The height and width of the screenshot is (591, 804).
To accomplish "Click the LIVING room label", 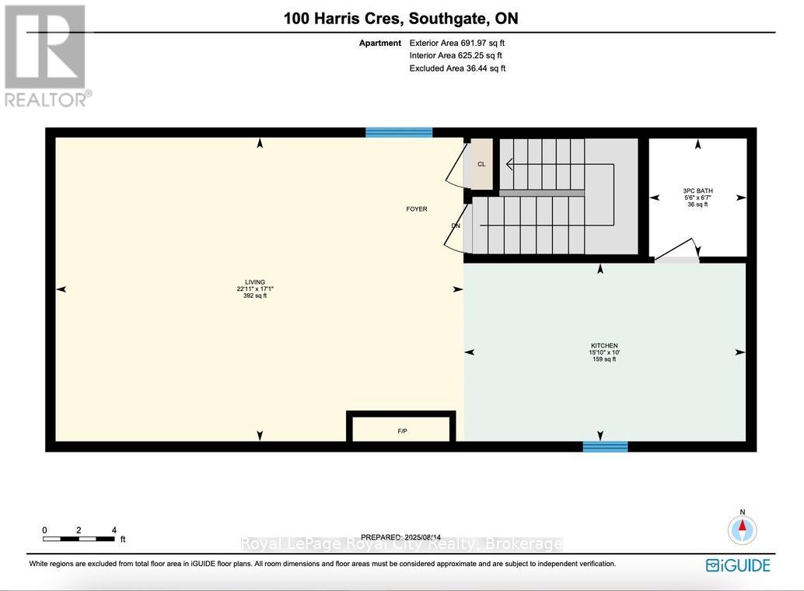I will [x=255, y=282].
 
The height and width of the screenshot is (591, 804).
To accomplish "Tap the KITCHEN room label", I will [x=603, y=345].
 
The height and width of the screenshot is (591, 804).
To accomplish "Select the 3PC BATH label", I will [x=697, y=191].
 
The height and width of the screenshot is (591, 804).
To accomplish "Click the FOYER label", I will [x=416, y=209].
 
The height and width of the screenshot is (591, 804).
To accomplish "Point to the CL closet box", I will [x=481, y=164].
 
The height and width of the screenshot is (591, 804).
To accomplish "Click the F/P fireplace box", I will [x=401, y=430].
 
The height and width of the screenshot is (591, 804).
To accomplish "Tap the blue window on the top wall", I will [x=399, y=132].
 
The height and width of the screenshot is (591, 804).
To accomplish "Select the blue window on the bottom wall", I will [x=605, y=446].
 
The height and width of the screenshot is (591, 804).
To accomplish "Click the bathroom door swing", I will [x=678, y=250].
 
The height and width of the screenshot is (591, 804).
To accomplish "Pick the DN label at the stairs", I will [x=456, y=226].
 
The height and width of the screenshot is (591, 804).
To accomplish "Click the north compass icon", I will [x=742, y=529].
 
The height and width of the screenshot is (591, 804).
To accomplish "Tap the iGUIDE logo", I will [x=738, y=565].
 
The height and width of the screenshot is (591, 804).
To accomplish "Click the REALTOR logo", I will [x=47, y=54].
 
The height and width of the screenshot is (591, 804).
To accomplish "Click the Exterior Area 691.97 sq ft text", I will [x=456, y=44].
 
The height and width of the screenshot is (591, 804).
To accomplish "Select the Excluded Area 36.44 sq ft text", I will [x=457, y=68].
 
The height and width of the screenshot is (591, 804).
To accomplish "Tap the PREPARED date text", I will [x=401, y=537].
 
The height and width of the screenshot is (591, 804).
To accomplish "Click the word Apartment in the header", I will [x=379, y=44].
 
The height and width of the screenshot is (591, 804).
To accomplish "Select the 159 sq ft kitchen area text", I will [x=603, y=359].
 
